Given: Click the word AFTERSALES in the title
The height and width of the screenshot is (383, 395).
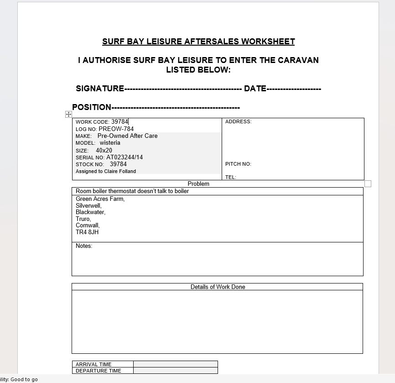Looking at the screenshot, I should [212, 42].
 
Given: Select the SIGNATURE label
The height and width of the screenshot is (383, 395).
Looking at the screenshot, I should [100, 89].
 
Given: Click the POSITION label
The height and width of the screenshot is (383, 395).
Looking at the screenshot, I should [92, 107].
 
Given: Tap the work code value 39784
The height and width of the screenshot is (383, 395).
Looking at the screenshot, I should [120, 122].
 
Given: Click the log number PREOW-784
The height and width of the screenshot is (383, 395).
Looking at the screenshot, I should [116, 129].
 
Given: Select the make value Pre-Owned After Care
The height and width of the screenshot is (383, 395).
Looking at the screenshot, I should [127, 136].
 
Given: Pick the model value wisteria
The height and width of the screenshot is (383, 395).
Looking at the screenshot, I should [110, 143].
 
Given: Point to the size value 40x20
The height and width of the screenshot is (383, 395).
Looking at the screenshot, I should [104, 150].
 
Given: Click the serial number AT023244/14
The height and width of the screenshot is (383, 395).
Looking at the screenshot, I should [125, 157].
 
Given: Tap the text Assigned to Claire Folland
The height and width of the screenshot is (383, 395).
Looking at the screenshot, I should [106, 171].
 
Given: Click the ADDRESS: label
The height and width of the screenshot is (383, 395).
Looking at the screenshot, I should [238, 121].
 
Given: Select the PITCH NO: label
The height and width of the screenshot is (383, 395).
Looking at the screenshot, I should [238, 164].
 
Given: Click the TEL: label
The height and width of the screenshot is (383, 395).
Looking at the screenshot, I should [230, 177].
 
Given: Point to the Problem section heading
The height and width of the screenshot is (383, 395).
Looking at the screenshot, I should [198, 184].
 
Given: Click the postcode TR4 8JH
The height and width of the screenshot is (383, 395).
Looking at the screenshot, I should [87, 232].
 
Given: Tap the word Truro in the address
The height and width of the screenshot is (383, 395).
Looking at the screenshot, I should [83, 219].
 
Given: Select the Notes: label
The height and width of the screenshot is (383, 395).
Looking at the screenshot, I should [84, 246].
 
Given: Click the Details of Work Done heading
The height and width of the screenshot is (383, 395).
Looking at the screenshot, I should [218, 287].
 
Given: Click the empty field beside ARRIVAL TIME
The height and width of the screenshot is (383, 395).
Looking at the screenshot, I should [176, 364].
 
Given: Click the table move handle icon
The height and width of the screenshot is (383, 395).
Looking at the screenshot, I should [68, 114].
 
